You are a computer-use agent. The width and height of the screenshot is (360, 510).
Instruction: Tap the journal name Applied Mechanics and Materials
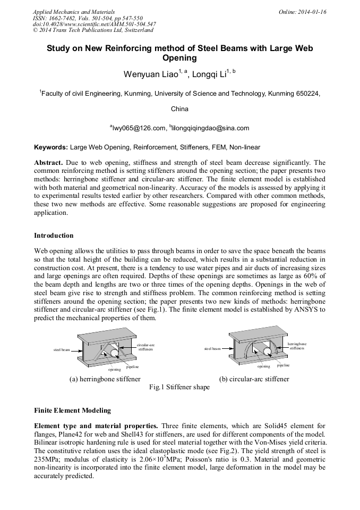74,11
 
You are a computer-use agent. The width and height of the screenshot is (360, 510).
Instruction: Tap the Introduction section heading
54,235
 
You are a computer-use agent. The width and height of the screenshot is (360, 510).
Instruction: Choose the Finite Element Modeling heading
72,411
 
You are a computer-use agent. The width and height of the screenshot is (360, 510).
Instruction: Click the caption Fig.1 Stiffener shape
179,387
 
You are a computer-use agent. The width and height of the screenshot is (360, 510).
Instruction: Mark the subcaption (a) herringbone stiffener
105,379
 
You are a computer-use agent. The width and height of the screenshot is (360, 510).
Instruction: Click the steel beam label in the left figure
62,350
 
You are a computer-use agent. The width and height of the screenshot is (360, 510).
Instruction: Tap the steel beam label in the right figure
212,349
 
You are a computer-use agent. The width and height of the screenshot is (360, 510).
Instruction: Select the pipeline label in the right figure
284,365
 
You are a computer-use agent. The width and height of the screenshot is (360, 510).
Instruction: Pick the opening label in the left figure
114,369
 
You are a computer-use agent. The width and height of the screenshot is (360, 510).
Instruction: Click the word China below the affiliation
179,109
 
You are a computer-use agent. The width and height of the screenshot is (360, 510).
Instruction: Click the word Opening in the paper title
179,58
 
